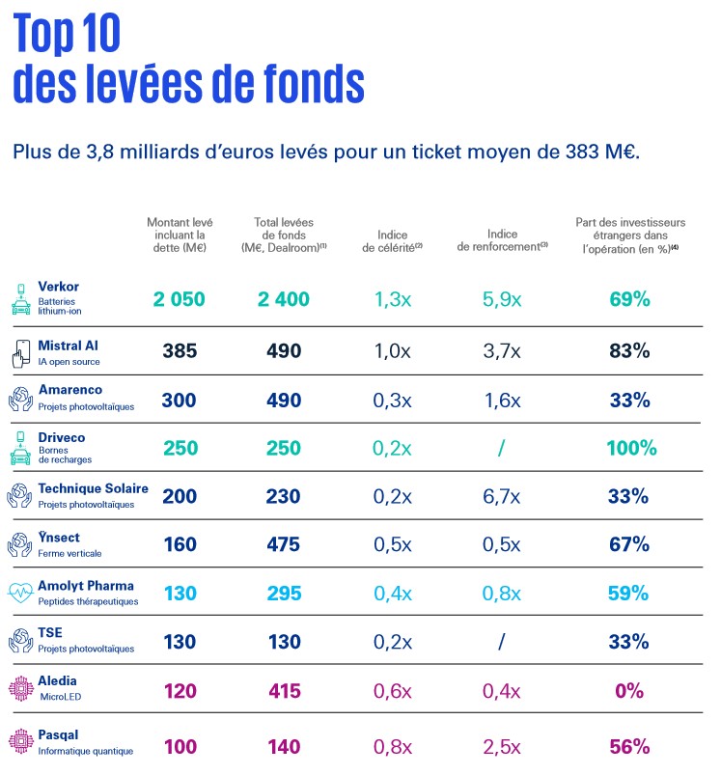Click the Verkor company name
coord(58,287)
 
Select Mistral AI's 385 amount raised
coord(180,351)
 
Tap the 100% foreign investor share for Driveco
coord(631,448)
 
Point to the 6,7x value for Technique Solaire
coord(502,496)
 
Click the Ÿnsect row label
coord(59,538)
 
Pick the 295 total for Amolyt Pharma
coord(284,594)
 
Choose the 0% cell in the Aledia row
coord(629,690)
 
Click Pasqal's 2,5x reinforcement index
coord(502,746)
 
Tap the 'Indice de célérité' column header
coord(393,241)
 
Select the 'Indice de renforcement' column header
coord(502,240)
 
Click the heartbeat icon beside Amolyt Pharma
coord(20,593)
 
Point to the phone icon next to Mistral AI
coord(21,353)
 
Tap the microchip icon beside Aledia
coord(21,688)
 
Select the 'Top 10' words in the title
coord(67,33)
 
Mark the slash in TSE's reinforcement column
coord(501,642)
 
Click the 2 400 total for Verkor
coord(284,299)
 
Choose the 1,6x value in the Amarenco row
coord(502,401)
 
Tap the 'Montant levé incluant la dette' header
coord(180,235)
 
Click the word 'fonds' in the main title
coord(315,83)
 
